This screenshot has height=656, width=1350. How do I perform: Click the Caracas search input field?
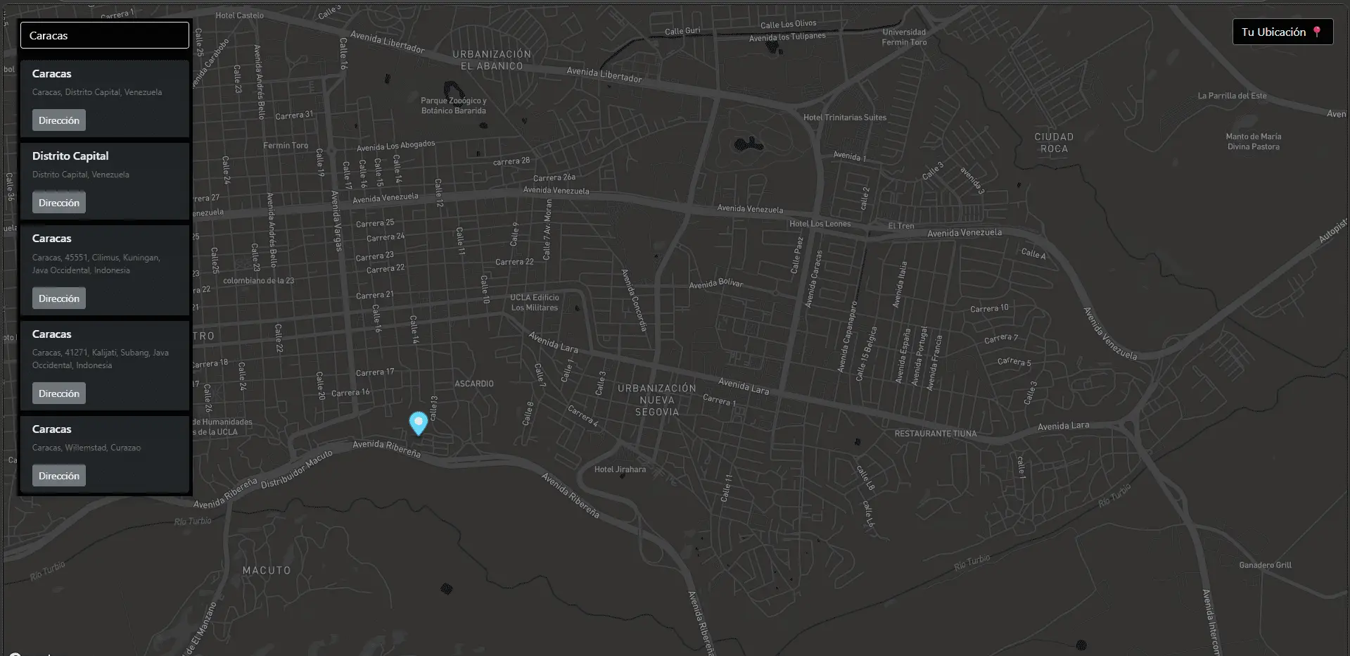tap(104, 35)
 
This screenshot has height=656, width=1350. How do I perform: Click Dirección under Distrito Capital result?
tap(59, 203)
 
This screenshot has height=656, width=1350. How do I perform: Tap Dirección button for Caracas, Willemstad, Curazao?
tap(59, 476)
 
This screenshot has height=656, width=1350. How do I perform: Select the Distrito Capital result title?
tap(70, 156)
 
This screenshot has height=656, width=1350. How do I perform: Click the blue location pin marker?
tap(419, 423)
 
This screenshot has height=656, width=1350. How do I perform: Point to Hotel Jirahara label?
tap(620, 469)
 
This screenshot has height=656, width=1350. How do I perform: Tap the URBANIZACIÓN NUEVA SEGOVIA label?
tap(657, 400)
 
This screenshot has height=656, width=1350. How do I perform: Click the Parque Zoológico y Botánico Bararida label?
tap(454, 106)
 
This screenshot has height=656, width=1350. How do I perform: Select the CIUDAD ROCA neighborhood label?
tap(1054, 142)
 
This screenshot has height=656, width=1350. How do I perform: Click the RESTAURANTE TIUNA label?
tap(936, 434)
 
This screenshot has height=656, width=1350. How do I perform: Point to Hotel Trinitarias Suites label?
tap(845, 118)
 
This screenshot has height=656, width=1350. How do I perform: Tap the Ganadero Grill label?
tap(1265, 565)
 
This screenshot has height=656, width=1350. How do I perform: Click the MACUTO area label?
tap(267, 570)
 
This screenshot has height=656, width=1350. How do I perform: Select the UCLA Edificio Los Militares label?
tap(535, 303)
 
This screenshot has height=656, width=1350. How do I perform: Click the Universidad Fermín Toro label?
tap(904, 37)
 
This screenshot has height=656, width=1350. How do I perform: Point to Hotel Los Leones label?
tap(820, 224)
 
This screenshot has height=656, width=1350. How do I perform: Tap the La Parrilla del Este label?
tap(1232, 96)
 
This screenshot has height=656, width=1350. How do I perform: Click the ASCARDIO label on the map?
tap(474, 384)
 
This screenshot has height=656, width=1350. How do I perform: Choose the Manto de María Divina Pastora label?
tap(1253, 141)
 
